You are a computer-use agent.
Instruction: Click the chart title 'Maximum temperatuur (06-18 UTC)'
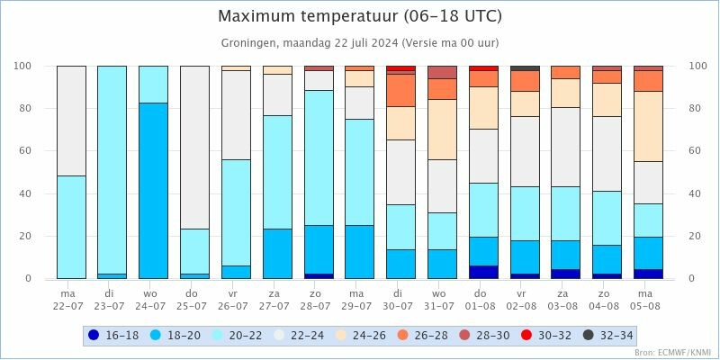click(x=360, y=16)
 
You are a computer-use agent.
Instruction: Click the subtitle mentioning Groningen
click(x=360, y=42)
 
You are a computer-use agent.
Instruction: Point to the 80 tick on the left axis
click(x=24, y=109)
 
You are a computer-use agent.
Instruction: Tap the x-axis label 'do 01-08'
click(x=483, y=298)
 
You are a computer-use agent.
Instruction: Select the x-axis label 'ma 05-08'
click(x=648, y=298)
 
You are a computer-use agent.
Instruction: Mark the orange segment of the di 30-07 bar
click(x=400, y=90)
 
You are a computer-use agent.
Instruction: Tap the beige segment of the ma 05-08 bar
click(x=648, y=126)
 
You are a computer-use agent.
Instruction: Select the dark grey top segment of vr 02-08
click(x=525, y=67)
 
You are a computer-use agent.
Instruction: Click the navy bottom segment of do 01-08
click(x=483, y=272)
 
